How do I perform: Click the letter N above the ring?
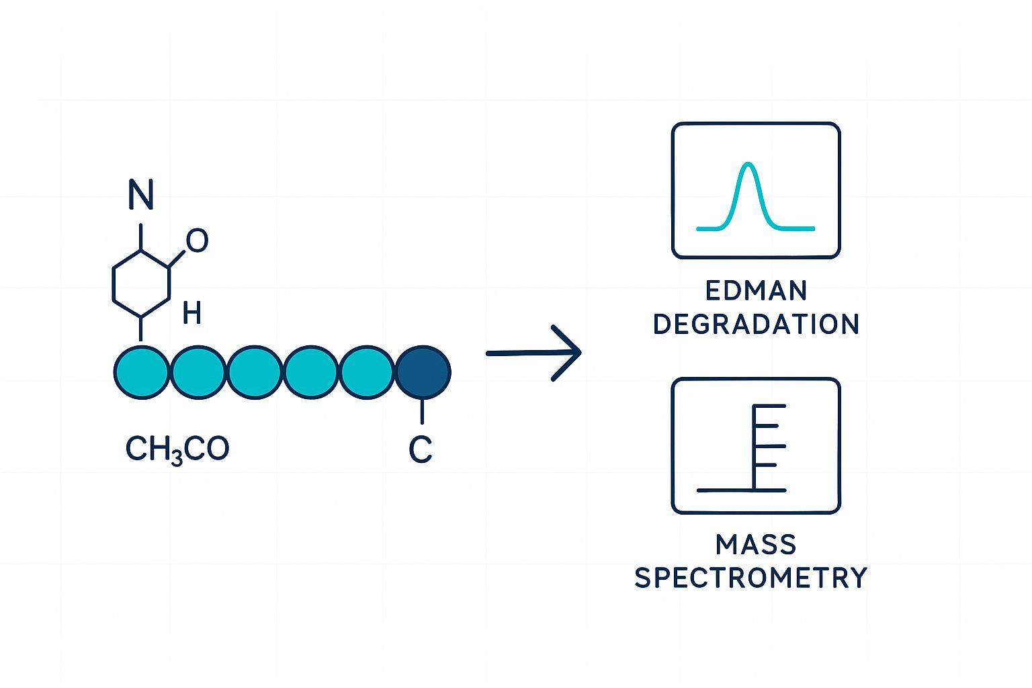click(x=140, y=195)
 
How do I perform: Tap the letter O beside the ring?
click(x=197, y=241)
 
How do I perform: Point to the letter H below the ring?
click(x=191, y=312)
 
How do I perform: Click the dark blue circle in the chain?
click(x=423, y=373)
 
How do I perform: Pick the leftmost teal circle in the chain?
click(x=142, y=373)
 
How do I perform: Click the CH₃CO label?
click(x=177, y=449)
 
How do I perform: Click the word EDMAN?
click(x=757, y=291)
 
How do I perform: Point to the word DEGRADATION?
click(x=757, y=325)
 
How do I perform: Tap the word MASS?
click(x=757, y=544)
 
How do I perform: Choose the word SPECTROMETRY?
click(x=751, y=578)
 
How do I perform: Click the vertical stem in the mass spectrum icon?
click(x=755, y=447)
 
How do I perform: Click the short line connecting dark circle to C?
click(x=422, y=411)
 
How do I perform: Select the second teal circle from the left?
click(x=198, y=373)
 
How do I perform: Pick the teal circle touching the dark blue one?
click(x=367, y=373)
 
